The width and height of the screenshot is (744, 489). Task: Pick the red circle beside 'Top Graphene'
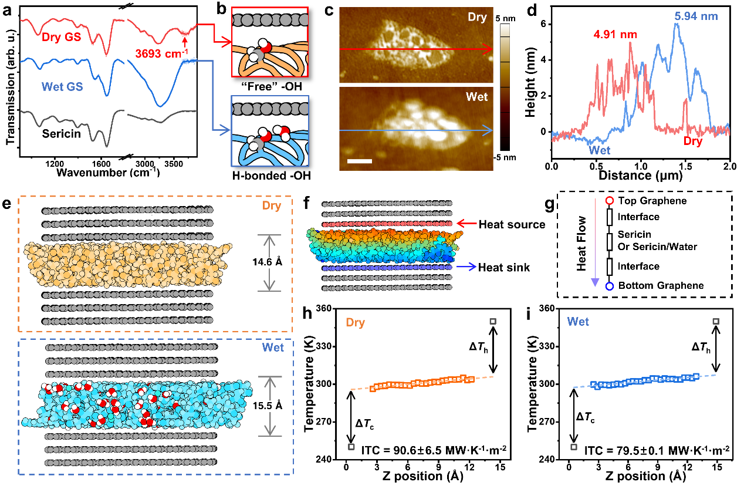point(609,201)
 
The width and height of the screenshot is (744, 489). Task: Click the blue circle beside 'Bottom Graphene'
point(609,286)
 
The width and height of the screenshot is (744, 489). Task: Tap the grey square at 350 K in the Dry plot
point(493,321)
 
